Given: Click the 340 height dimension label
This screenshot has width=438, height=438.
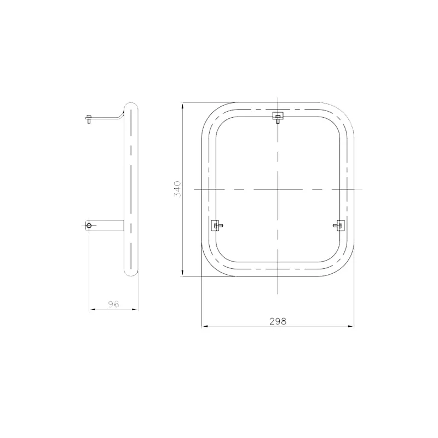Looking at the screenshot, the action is (x=177, y=189).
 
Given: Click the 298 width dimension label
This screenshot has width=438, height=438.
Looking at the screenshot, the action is (x=278, y=321).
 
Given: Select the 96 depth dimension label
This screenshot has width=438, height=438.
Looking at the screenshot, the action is (x=114, y=304).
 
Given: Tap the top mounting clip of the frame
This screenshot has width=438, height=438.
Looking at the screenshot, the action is (x=278, y=117).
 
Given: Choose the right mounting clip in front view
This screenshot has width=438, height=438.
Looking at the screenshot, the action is (x=338, y=226).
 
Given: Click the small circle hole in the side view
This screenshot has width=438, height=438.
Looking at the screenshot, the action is (x=89, y=226).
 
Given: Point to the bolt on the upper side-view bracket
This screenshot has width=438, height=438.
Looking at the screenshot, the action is (x=89, y=119).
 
